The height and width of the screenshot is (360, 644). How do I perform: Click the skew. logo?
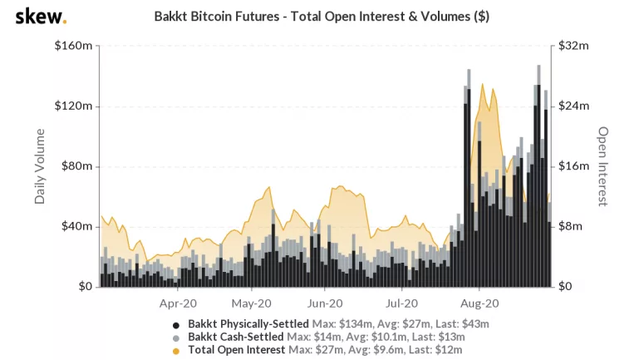[x=41, y=17]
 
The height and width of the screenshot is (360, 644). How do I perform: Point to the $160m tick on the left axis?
[x=73, y=47]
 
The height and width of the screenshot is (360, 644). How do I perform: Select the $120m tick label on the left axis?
[x=73, y=106]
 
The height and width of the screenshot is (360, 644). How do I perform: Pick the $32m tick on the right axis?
[x=573, y=47]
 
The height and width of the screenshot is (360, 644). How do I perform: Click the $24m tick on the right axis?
[x=573, y=106]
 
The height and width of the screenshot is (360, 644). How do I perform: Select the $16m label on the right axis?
[x=573, y=166]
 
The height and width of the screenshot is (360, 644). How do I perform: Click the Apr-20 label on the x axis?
[x=178, y=303]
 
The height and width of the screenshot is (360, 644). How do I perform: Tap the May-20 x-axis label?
[x=252, y=303]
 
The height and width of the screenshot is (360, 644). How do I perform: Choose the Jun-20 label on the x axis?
[x=326, y=303]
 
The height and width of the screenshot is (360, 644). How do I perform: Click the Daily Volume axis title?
[x=40, y=166]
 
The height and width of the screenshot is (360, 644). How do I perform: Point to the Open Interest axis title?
[x=604, y=166]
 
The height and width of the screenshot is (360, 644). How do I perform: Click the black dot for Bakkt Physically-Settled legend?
[x=175, y=323]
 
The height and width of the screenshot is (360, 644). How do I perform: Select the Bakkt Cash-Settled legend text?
[x=235, y=337]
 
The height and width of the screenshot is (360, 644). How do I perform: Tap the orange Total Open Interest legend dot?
[x=175, y=351]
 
